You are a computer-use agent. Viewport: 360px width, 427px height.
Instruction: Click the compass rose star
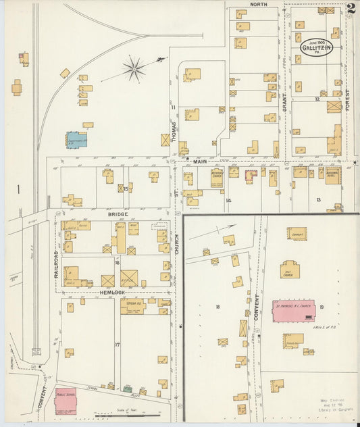coord(134,68)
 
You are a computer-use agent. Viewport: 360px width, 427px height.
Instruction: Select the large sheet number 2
coord(351,9)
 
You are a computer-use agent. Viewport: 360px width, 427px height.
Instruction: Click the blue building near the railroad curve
coord(76,139)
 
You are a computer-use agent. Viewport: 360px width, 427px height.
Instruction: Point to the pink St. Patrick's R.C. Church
coord(294,310)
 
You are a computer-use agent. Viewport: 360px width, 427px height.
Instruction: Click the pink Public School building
coord(65,401)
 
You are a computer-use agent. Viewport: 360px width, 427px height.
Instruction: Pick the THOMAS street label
coord(174,131)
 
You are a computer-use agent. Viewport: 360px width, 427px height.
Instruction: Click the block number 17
coord(117,345)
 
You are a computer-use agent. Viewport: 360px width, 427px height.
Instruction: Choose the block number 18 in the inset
coord(217,307)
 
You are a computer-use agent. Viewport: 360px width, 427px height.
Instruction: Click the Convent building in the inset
coord(296,234)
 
